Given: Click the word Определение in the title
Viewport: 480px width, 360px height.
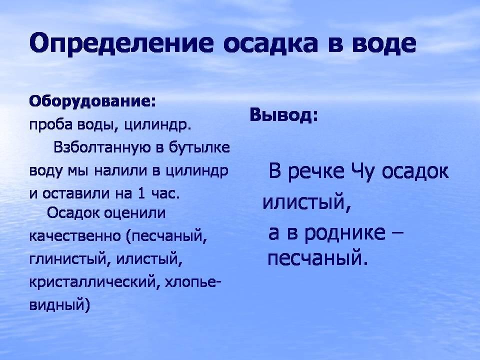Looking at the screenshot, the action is tap(121, 43).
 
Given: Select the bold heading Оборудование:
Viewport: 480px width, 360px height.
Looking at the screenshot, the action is tap(92, 101).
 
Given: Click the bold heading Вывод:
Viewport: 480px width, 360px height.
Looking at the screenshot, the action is tap(284, 115).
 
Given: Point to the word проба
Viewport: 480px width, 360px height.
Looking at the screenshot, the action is tap(51, 124).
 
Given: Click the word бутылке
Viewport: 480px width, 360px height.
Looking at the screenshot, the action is tap(199, 147).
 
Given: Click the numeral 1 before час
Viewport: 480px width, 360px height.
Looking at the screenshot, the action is tap(141, 193).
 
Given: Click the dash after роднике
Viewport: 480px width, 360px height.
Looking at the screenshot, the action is tap(397, 232).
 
